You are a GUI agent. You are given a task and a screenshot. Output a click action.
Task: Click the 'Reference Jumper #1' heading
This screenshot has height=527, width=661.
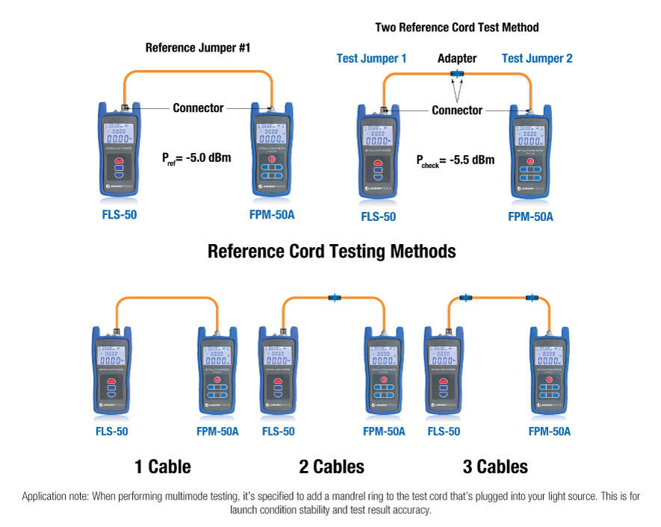click(197, 48)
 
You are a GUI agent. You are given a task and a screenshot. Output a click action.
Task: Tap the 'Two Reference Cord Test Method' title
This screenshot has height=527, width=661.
click(456, 28)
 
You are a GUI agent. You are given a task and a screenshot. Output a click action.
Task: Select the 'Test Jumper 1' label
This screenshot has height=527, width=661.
click(371, 58)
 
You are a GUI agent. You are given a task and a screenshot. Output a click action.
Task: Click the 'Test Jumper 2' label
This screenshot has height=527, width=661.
click(537, 58)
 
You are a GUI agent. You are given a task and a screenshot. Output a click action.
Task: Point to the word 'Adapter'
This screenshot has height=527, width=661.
click(456, 58)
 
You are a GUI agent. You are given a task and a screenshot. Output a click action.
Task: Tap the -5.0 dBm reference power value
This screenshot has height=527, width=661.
click(206, 158)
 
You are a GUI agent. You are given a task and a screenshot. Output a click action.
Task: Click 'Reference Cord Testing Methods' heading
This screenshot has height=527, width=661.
click(332, 251)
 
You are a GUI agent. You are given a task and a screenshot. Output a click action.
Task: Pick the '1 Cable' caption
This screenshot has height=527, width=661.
click(163, 467)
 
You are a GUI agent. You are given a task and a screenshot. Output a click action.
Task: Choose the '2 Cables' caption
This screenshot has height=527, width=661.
click(332, 467)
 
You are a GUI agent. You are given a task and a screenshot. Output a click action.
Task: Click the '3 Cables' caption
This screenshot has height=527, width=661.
click(495, 467)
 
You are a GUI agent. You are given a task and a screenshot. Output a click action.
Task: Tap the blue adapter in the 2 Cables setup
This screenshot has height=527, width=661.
click(334, 298)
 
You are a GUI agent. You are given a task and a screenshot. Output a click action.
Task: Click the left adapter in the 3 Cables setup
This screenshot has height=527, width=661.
click(465, 298)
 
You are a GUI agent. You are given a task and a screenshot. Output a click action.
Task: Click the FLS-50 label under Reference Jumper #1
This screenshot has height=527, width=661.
click(120, 216)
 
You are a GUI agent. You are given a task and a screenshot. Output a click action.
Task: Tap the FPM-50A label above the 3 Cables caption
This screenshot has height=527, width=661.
click(549, 431)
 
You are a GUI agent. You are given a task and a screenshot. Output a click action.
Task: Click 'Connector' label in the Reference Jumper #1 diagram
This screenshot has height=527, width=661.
click(198, 108)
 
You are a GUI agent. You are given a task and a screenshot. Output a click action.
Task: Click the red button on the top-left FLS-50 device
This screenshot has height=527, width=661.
click(120, 158)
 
